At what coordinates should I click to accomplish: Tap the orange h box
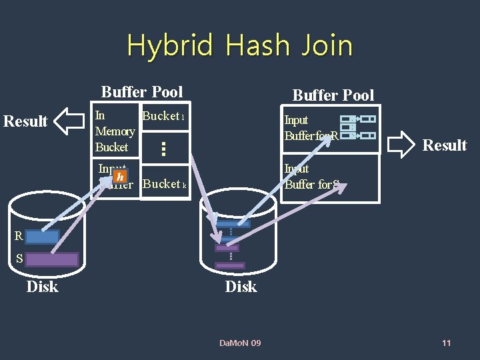pyautogui.click(x=119, y=177)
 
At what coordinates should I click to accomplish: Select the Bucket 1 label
pyautogui.click(x=163, y=116)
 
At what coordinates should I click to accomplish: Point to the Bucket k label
pyautogui.click(x=165, y=184)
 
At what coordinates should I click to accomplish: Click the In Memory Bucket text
pyautogui.click(x=114, y=131)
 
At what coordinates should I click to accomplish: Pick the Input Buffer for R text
pyautogui.click(x=311, y=128)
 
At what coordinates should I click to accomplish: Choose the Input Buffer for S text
pyautogui.click(x=311, y=177)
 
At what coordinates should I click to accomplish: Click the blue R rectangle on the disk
pyautogui.click(x=43, y=236)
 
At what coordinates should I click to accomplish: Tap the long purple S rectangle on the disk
pyautogui.click(x=52, y=259)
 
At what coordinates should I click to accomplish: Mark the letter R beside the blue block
pyautogui.click(x=19, y=236)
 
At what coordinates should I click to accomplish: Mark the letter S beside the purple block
pyautogui.click(x=19, y=259)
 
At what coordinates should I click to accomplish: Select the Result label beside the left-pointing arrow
pyautogui.click(x=26, y=121)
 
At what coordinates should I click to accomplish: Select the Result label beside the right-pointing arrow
pyautogui.click(x=445, y=145)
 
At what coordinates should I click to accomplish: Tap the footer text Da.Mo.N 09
pyautogui.click(x=240, y=343)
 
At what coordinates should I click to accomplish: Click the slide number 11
pyautogui.click(x=446, y=343)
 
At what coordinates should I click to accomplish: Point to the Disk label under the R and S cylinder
pyautogui.click(x=42, y=287)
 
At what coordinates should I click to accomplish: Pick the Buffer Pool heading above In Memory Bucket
pyautogui.click(x=141, y=91)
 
